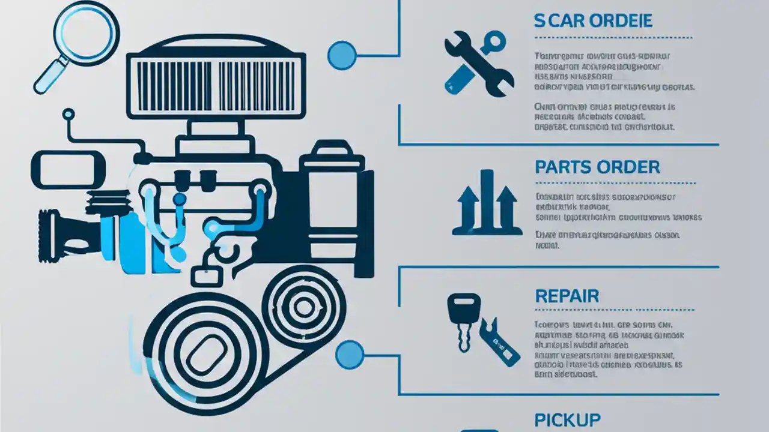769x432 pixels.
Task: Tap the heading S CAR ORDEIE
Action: pyautogui.click(x=593, y=20)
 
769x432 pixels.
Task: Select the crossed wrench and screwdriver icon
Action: pyautogui.click(x=478, y=65)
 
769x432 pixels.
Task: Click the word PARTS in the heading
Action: pyautogui.click(x=563, y=167)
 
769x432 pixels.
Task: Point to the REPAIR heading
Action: pyautogui.click(x=567, y=296)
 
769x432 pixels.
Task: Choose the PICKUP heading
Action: pyautogui.click(x=567, y=419)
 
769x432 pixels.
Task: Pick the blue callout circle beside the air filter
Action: pyautogui.click(x=341, y=55)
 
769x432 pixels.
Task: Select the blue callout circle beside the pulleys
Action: pyautogui.click(x=350, y=354)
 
